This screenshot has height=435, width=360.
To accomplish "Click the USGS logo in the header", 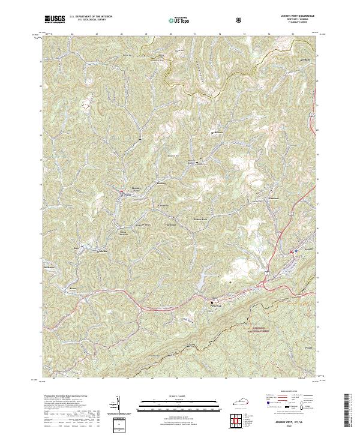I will [56, 19].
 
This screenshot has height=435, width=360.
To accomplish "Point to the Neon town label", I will [127, 196].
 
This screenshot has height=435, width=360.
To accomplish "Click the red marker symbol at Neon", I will [122, 193].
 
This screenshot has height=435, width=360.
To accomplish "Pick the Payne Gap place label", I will [216, 305].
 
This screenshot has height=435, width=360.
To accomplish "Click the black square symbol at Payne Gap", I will [211, 301].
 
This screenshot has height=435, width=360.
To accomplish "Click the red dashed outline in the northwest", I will [89, 104].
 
